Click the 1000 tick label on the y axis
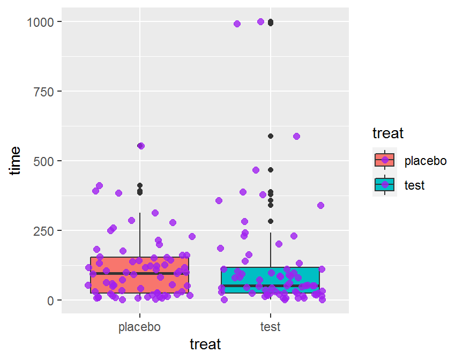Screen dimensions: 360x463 pyautogui.click(x=41, y=21)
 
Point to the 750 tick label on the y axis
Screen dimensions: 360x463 pyautogui.click(x=45, y=91)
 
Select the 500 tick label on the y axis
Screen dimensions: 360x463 pyautogui.click(x=45, y=161)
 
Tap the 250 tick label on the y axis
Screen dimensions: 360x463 pyautogui.click(x=45, y=230)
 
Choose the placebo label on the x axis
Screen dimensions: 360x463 pyautogui.click(x=139, y=327)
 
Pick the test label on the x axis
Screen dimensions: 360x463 pyautogui.click(x=271, y=327)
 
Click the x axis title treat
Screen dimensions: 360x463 pyautogui.click(x=205, y=344)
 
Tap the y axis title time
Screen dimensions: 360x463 pyautogui.click(x=16, y=160)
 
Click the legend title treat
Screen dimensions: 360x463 pyautogui.click(x=388, y=132)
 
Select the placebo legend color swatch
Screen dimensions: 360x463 pyautogui.click(x=384, y=160)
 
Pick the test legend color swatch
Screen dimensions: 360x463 pyautogui.click(x=384, y=185)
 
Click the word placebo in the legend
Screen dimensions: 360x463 pyautogui.click(x=425, y=160)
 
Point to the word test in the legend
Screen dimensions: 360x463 pyautogui.click(x=414, y=185)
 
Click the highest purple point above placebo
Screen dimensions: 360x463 pyautogui.click(x=141, y=146)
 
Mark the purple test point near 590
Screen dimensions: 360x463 pyautogui.click(x=296, y=136)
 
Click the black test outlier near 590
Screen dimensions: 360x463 pyautogui.click(x=271, y=136)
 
